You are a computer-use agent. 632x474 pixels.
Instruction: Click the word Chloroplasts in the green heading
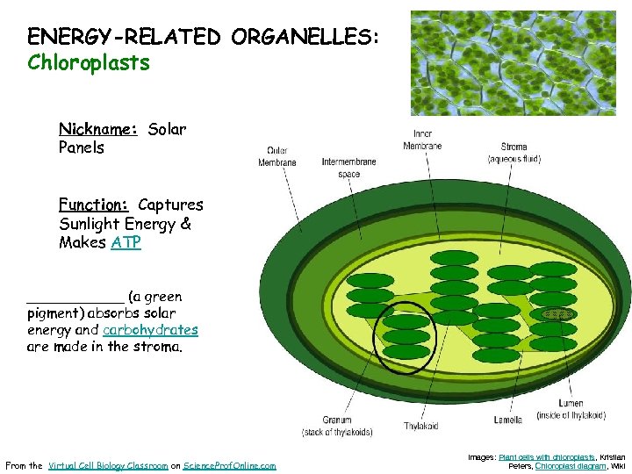tap(89, 63)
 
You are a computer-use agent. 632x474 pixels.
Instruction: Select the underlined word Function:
tap(94, 205)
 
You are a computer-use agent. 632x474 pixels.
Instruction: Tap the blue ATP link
tap(126, 242)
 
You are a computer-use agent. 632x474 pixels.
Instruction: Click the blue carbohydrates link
tap(150, 330)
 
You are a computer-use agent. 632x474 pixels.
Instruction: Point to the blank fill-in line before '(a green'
tap(75, 298)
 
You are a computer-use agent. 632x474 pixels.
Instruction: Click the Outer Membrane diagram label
tap(276, 156)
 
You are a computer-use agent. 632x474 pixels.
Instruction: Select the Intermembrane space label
tap(348, 167)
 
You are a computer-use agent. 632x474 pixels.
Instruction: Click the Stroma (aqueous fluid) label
tap(513, 153)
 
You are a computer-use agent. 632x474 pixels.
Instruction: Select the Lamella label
tap(507, 420)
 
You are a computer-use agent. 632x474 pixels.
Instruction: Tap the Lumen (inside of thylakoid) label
tap(559, 409)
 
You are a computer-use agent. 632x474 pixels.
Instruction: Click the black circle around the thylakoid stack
tap(375, 338)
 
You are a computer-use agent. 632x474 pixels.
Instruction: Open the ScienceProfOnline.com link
tap(229, 465)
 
